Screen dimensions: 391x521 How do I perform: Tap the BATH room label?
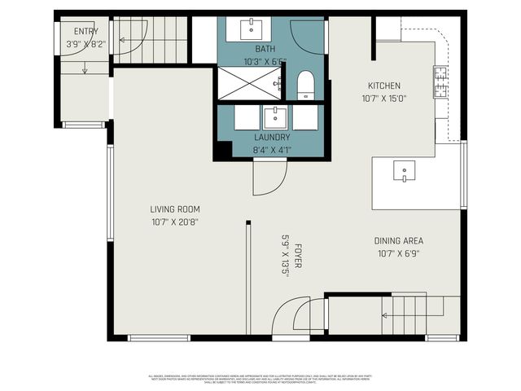click(x=265, y=49)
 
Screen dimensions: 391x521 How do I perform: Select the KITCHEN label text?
click(x=383, y=86)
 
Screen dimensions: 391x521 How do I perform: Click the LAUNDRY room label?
click(x=272, y=138)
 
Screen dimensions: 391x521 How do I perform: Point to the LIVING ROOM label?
click(x=175, y=209)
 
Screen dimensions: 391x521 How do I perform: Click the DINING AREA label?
click(x=399, y=241)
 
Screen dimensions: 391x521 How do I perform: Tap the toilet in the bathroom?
click(x=306, y=85)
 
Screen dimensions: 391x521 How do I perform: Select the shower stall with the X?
click(x=248, y=83)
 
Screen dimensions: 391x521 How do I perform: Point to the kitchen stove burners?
click(x=440, y=82)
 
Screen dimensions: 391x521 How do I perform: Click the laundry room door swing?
click(x=269, y=178)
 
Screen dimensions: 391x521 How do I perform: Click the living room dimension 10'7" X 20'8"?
click(x=175, y=222)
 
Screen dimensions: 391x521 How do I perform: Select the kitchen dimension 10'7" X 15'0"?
click(x=383, y=98)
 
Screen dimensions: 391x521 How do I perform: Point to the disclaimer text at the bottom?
click(x=260, y=379)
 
